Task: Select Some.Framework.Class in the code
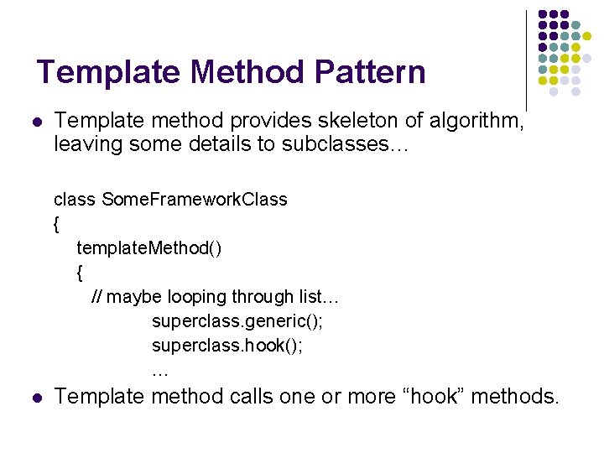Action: click(195, 200)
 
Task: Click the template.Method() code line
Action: click(149, 248)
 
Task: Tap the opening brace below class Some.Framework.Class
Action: click(56, 224)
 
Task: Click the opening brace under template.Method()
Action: click(80, 273)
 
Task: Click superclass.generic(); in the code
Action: click(237, 321)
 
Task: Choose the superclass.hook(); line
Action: click(227, 346)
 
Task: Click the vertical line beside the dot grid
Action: click(526, 59)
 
